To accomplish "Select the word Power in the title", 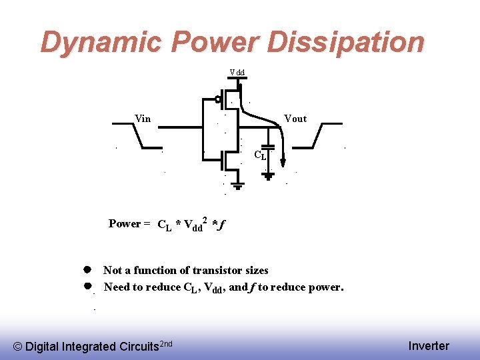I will pos(216,42).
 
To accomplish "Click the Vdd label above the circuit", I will pos(237,72).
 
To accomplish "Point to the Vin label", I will pos(143,119).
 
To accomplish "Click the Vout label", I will pos(295,119).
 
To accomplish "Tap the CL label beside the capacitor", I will pos(260,156).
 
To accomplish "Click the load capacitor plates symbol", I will pos(268,147).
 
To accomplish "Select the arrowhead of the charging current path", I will pos(283,161).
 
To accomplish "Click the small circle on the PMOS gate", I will pos(218,101).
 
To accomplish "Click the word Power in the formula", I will pos(125,224).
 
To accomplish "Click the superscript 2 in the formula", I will pos(205,219).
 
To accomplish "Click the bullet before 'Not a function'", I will pos(87,270).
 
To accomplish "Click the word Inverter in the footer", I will pos(429,346).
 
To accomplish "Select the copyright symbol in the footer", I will pos(18,347).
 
